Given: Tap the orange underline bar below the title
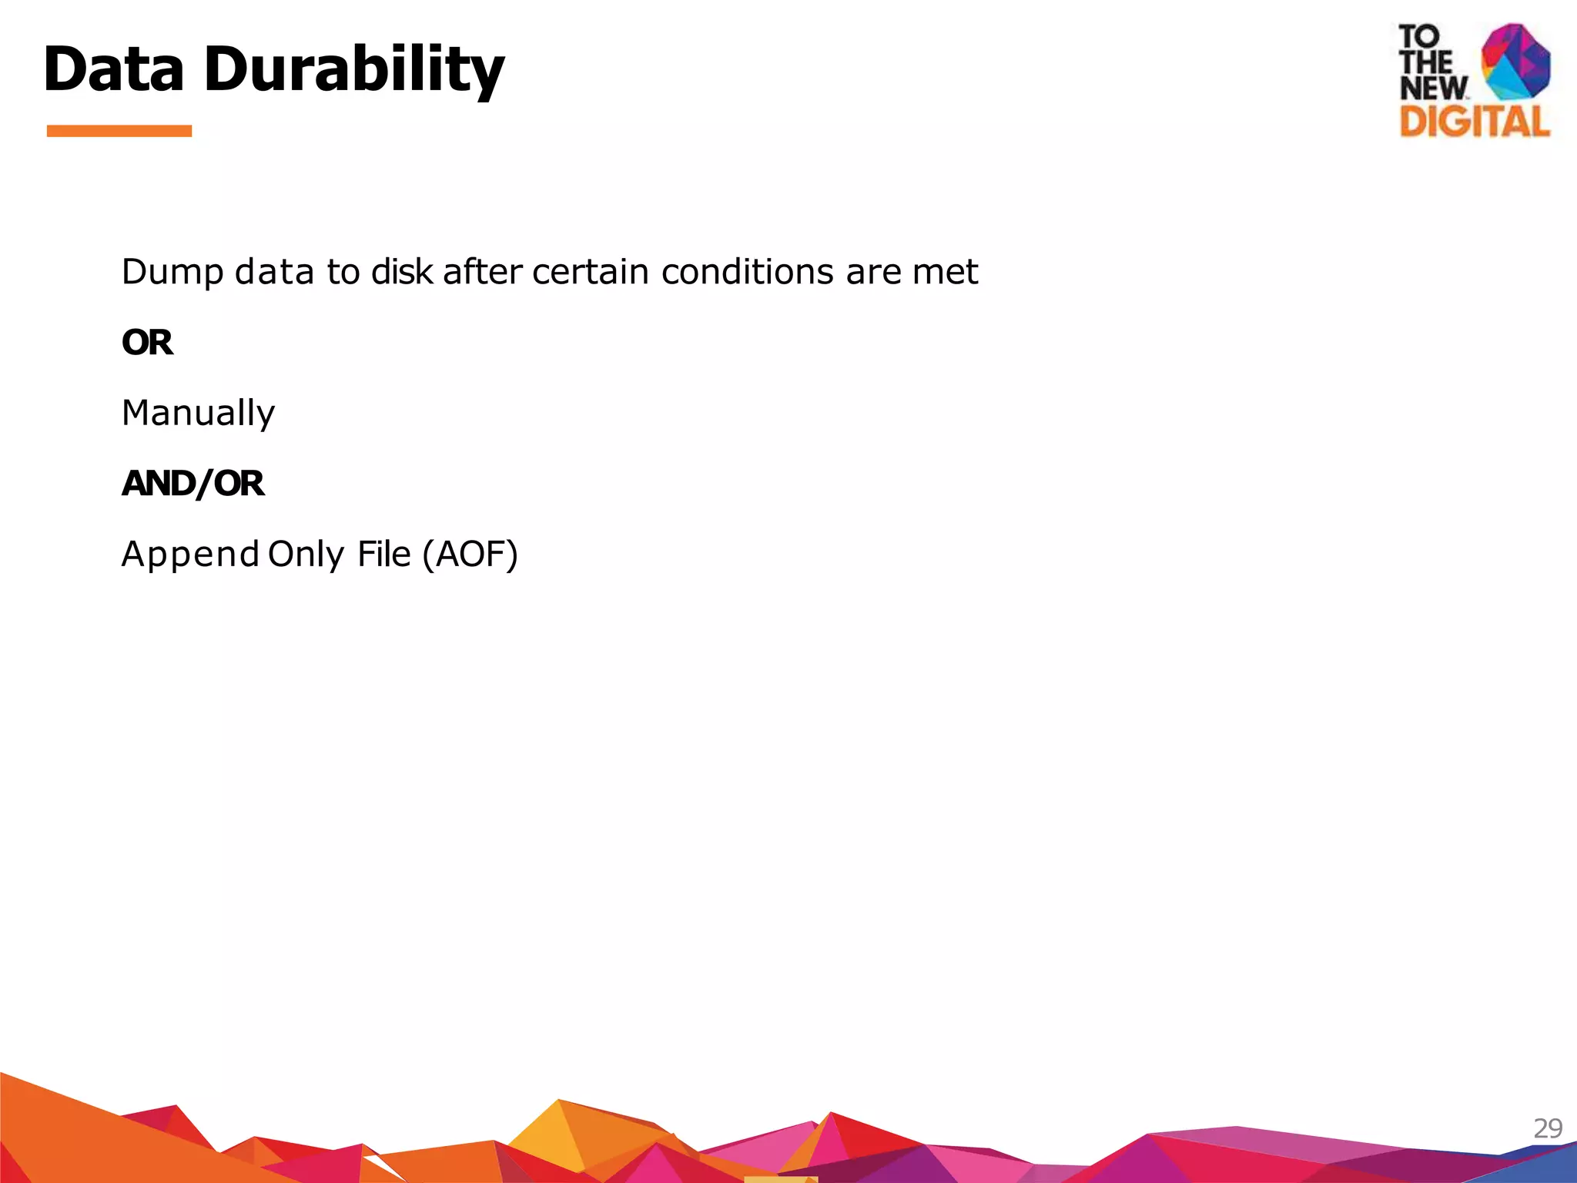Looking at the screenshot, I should pyautogui.click(x=119, y=131).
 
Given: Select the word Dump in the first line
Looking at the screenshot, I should pyautogui.click(x=172, y=273).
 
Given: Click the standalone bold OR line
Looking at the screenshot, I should pyautogui.click(x=147, y=343).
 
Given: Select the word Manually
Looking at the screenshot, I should pyautogui.click(x=198, y=414).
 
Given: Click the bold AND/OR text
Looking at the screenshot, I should pyautogui.click(x=193, y=484).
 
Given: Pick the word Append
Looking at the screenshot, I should pyautogui.click(x=190, y=555).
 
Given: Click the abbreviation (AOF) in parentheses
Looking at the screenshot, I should pyautogui.click(x=470, y=555).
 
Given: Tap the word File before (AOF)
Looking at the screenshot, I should pyautogui.click(x=383, y=555).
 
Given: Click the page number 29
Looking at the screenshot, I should pyautogui.click(x=1547, y=1128).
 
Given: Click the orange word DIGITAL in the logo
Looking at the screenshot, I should pyautogui.click(x=1474, y=122).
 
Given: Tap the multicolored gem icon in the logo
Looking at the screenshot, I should pyautogui.click(x=1515, y=62).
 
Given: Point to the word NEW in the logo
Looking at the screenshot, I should pyautogui.click(x=1433, y=88).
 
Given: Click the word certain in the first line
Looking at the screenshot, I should pyautogui.click(x=590, y=272).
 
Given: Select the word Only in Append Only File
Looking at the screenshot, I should pyautogui.click(x=306, y=555).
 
